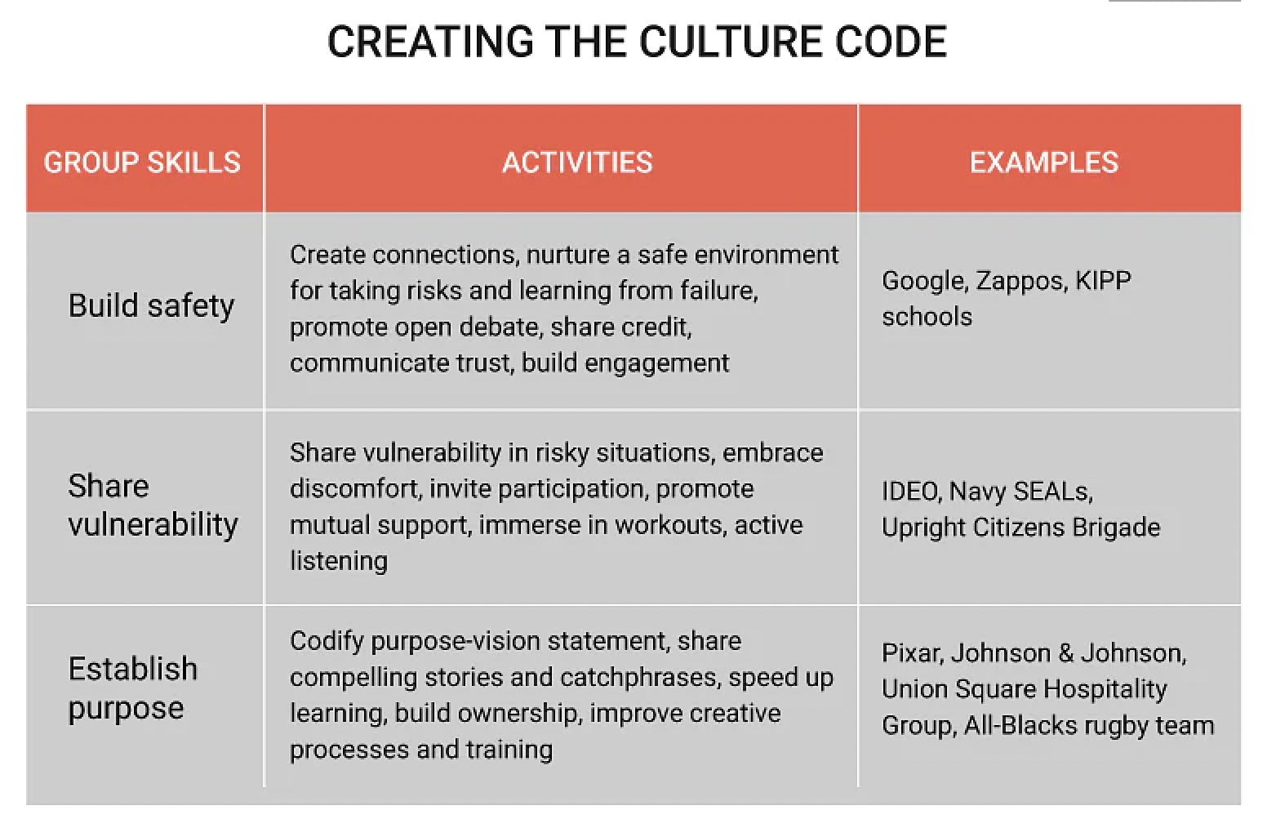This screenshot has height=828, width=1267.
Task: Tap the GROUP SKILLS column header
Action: [x=142, y=162]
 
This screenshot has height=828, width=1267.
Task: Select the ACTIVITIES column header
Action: [x=577, y=162]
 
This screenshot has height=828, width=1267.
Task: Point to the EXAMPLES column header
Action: [x=1044, y=162]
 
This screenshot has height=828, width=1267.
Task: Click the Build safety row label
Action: [x=151, y=306]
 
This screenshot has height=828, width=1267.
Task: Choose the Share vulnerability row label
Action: [x=153, y=505]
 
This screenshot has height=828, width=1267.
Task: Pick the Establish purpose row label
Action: [x=133, y=688]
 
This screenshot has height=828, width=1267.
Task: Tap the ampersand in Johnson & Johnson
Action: [x=1065, y=653]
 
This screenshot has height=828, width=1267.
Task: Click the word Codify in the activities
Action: [x=326, y=642]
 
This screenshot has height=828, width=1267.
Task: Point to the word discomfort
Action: [x=356, y=488]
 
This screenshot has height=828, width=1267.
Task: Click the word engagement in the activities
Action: [x=656, y=363]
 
